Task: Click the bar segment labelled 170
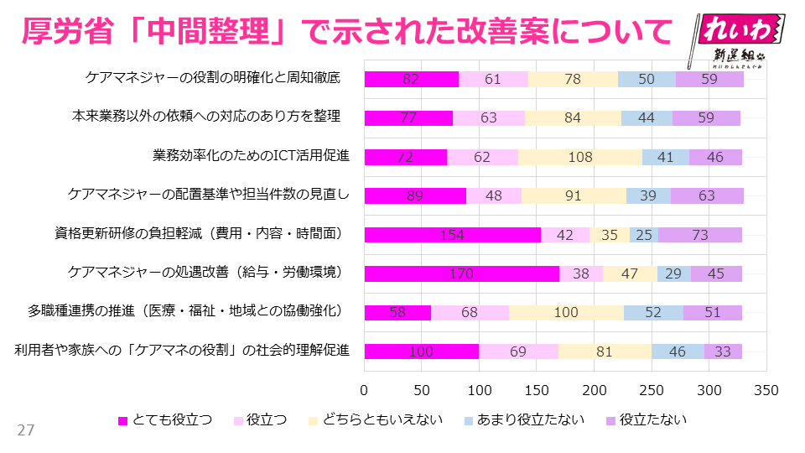tap(462, 273)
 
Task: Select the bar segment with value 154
tap(453, 235)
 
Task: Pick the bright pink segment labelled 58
tap(397, 313)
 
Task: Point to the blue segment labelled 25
tap(644, 235)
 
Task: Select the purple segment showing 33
tap(723, 351)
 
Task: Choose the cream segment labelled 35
tap(610, 235)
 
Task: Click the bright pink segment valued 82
tap(411, 80)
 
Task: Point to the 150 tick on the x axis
tap(537, 390)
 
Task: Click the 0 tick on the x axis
tap(365, 390)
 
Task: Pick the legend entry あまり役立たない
tap(523, 420)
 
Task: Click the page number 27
tap(26, 430)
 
